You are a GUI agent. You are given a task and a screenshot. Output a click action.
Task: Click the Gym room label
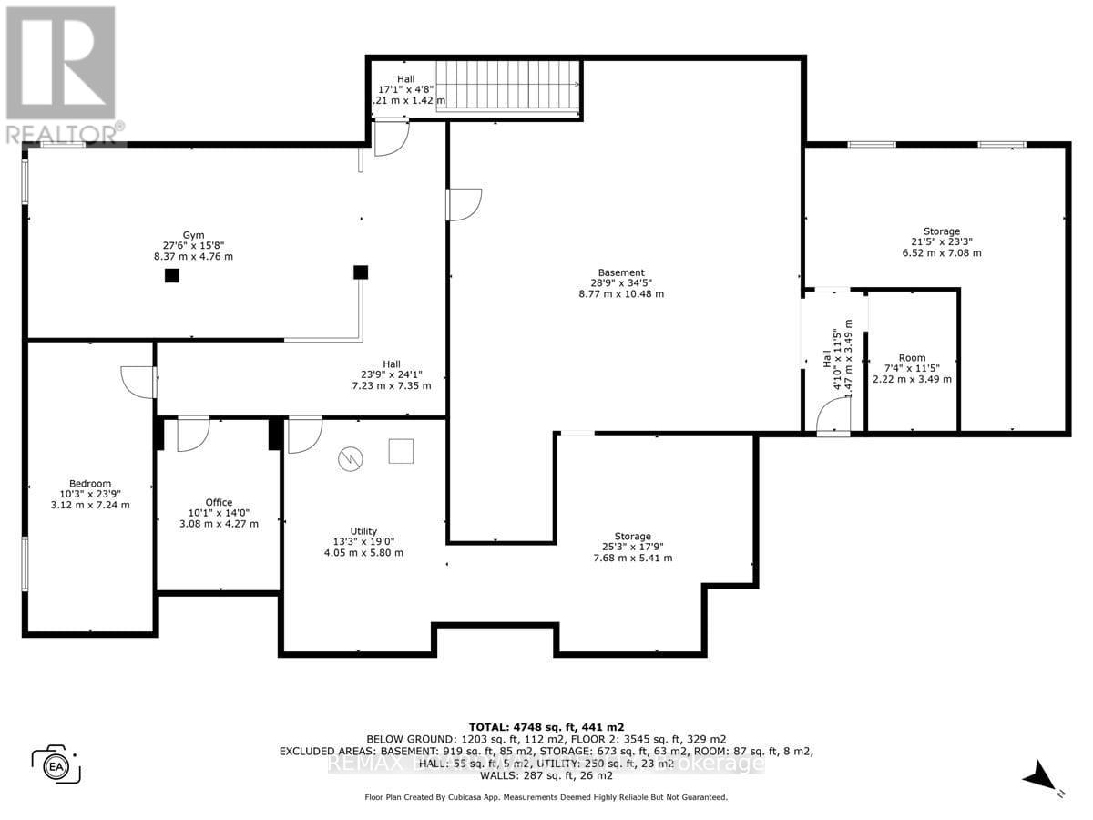(192, 245)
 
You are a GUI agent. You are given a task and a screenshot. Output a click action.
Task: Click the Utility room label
(363, 541)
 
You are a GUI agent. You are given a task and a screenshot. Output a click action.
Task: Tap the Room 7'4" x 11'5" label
(912, 368)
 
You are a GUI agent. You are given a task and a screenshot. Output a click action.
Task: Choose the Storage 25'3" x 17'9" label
(632, 547)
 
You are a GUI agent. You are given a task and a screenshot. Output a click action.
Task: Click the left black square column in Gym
(171, 275)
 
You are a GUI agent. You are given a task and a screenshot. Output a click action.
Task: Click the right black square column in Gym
(361, 272)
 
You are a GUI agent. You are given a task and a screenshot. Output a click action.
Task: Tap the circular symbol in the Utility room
(349, 459)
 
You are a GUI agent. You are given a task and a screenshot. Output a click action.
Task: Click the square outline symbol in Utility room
(401, 451)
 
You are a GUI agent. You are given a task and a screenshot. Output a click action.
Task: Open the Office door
(194, 435)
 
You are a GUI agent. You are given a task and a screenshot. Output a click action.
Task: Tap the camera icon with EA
(56, 764)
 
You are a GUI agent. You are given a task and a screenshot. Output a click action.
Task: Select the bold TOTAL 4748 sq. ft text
(546, 725)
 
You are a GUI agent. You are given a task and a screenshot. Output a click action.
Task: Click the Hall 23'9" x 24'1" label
(392, 374)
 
